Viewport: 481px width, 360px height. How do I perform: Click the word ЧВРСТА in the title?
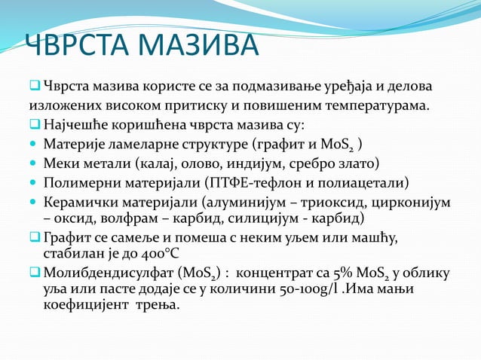[75, 47]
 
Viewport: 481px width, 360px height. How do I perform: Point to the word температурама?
[368, 104]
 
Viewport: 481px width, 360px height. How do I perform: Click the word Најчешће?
[78, 124]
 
